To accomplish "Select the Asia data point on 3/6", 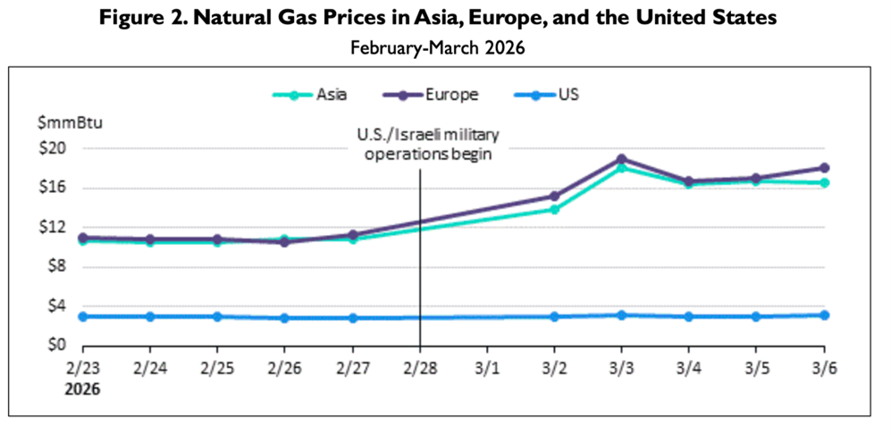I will tap(824, 183).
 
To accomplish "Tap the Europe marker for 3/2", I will tap(555, 196).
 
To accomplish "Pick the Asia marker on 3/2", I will tap(555, 209).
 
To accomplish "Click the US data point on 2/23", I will tap(83, 316).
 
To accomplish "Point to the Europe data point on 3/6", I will tap(824, 168).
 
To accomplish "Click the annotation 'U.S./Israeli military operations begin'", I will tap(427, 144).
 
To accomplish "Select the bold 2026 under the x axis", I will tap(82, 389).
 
